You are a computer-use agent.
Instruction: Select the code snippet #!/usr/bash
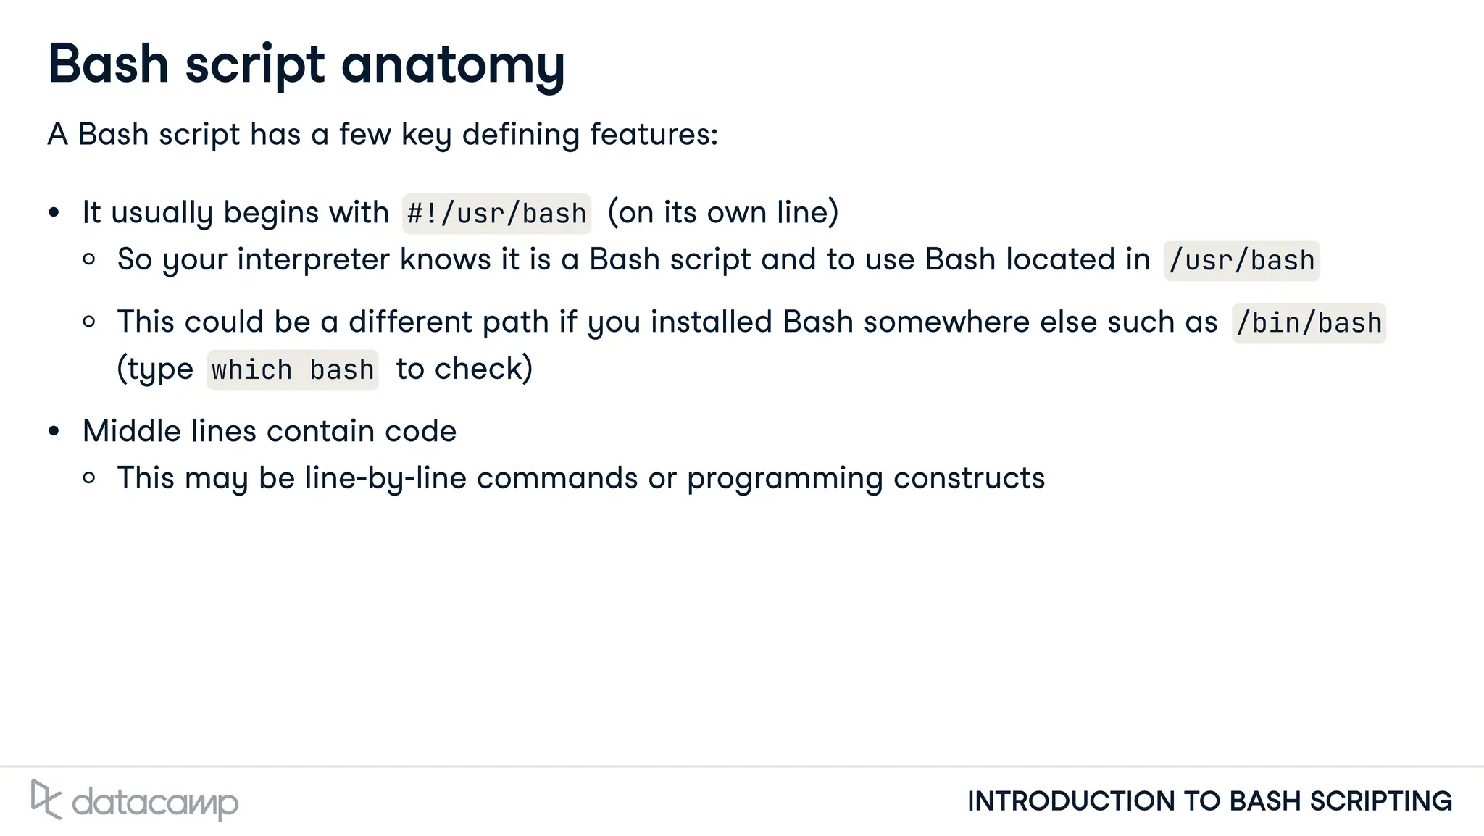496,214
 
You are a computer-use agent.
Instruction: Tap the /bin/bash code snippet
1309,323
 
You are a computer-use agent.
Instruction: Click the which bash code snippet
293,370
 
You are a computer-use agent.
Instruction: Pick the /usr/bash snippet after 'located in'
1241,261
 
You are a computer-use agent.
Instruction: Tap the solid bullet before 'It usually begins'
54,213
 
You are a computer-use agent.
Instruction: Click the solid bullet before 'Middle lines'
54,432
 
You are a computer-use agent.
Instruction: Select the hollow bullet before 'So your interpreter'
89,259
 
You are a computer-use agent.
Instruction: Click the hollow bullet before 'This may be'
89,478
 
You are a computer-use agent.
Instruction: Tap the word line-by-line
385,478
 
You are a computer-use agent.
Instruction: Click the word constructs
969,478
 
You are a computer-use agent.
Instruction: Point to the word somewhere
946,322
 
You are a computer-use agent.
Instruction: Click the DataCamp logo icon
46,800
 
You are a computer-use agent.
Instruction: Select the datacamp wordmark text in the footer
155,803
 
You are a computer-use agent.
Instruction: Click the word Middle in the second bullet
132,432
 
